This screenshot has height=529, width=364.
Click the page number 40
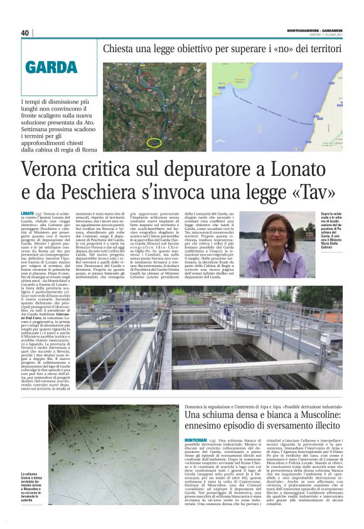click(x=25, y=33)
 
